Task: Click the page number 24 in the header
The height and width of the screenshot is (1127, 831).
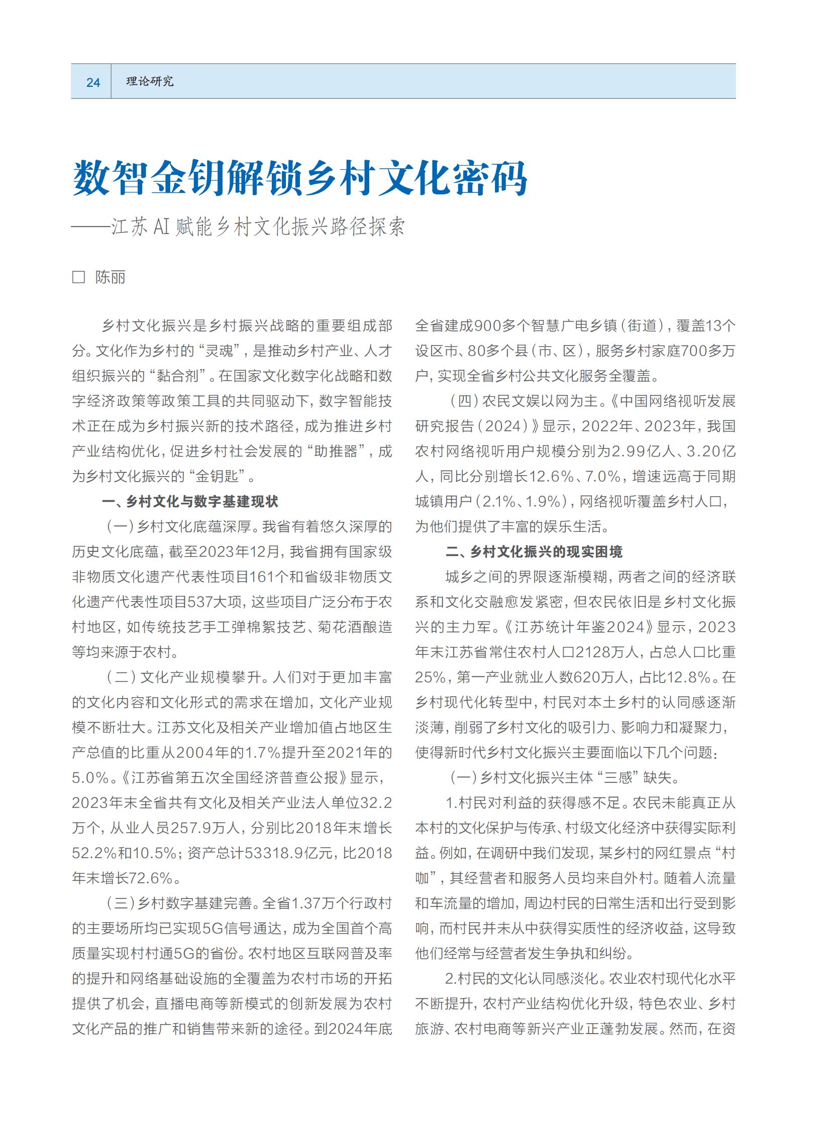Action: [x=93, y=82]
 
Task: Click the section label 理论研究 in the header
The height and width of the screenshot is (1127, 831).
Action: [x=149, y=81]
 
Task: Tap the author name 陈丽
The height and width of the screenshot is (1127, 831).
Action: [x=110, y=277]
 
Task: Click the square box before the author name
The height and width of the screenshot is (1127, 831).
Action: [x=78, y=277]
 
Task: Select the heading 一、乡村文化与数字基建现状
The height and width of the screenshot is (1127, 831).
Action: [x=189, y=501]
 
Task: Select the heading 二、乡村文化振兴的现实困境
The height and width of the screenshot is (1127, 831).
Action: [x=534, y=551]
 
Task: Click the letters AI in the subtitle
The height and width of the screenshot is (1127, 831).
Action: [x=161, y=227]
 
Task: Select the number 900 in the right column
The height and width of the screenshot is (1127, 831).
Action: [x=488, y=326]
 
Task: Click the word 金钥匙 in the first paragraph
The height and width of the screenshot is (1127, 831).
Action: [x=216, y=476]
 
